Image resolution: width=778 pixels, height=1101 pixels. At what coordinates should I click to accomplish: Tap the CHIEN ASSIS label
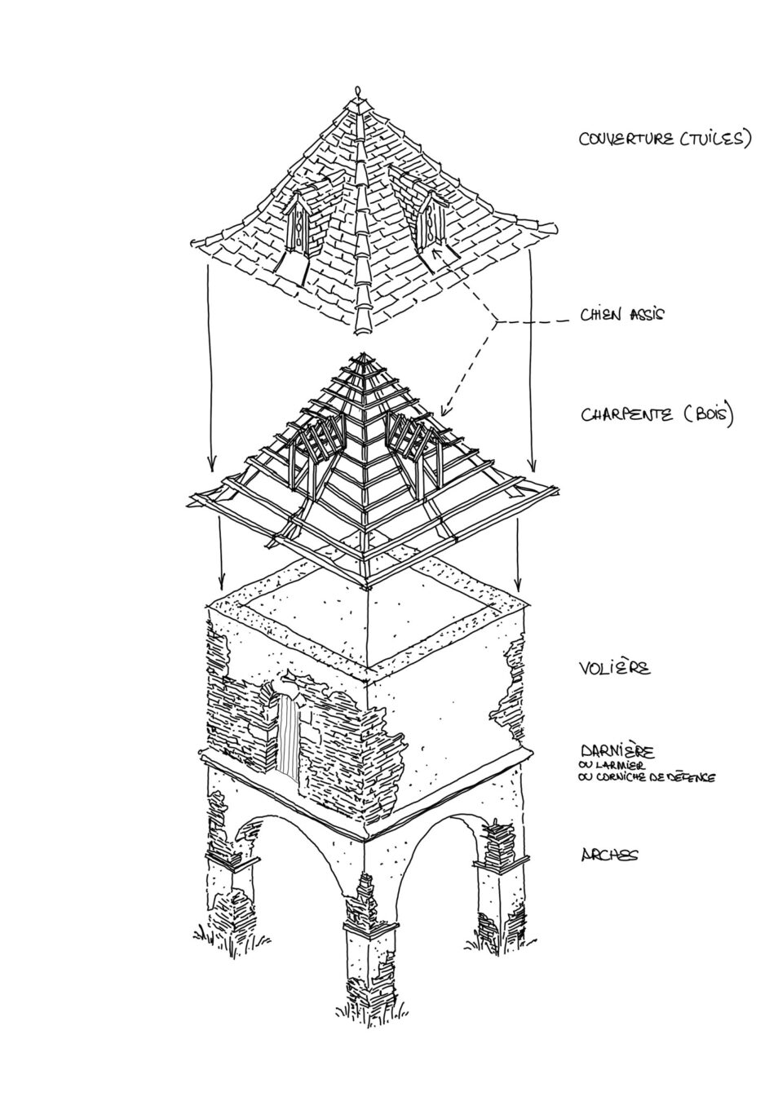(622, 315)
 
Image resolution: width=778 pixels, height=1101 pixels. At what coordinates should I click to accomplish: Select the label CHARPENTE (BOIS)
(657, 415)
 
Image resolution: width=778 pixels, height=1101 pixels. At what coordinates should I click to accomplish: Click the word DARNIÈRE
(617, 749)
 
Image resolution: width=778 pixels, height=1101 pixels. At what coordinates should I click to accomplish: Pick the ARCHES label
(610, 855)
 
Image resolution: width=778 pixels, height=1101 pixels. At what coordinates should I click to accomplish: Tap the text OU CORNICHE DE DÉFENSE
(648, 778)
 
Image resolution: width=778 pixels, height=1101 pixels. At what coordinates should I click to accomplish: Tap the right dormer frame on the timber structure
(413, 440)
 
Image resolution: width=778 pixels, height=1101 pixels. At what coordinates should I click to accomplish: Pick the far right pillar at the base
(495, 881)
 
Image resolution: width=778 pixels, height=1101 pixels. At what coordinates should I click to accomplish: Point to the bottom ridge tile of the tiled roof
(362, 325)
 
